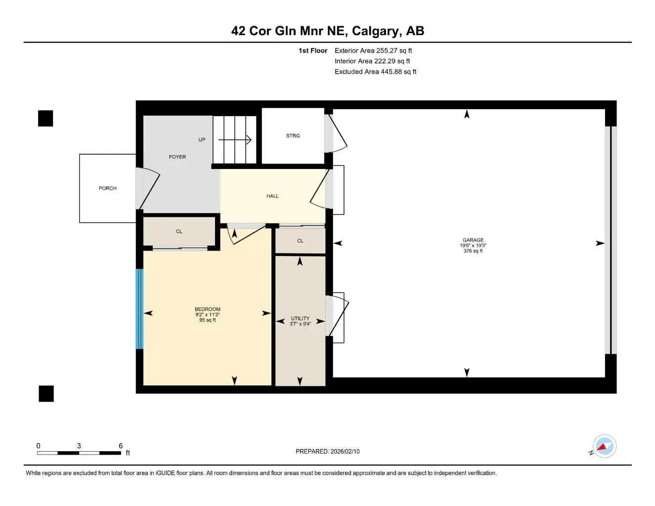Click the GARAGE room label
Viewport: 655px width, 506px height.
coord(473,240)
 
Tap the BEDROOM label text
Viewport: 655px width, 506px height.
coord(207,309)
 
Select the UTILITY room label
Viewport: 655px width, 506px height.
coord(300,319)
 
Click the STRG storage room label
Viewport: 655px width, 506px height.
coord(293,136)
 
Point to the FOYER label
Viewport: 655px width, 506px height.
coord(177,157)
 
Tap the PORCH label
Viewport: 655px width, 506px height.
coord(107,188)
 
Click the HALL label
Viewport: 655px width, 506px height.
coord(272,196)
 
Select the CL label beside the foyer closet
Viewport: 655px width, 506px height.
coord(179,231)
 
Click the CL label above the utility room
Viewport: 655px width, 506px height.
coord(300,241)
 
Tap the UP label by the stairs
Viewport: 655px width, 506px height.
coord(202,140)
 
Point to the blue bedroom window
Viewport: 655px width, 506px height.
coord(139,309)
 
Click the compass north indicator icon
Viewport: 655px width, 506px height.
coord(604,447)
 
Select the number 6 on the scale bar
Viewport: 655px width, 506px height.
coord(121,446)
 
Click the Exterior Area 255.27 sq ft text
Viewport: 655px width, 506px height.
coord(373,50)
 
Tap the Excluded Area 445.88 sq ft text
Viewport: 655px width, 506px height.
coord(375,72)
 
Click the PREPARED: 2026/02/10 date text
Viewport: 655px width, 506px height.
coord(327,452)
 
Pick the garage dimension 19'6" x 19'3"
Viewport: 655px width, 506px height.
coord(473,246)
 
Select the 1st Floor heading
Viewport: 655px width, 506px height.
coord(312,50)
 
